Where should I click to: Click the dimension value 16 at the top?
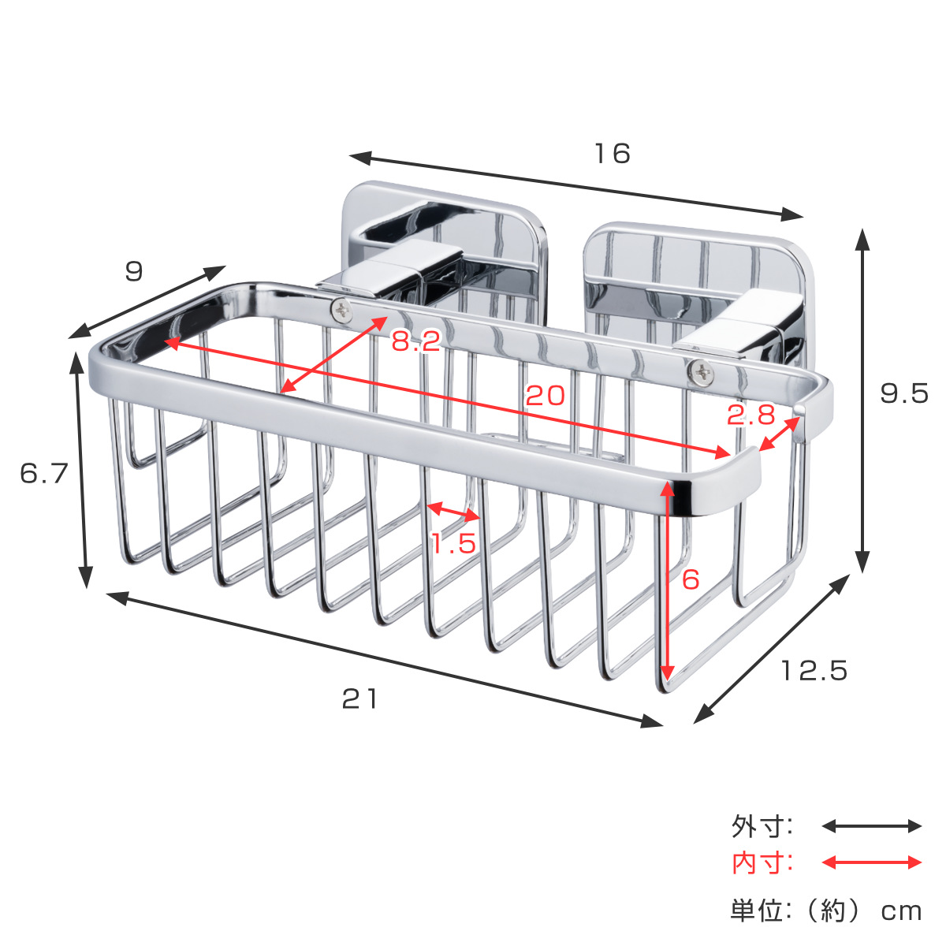coord(613,154)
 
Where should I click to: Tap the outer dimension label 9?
coord(134,271)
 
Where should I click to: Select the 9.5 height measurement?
coord(903,393)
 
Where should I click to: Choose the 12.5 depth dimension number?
coord(814,671)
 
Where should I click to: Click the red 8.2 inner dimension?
coord(416,341)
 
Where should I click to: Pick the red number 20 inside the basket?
coord(545,395)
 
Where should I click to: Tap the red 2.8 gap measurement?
coord(751,415)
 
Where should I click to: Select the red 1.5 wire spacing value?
coord(453,543)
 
